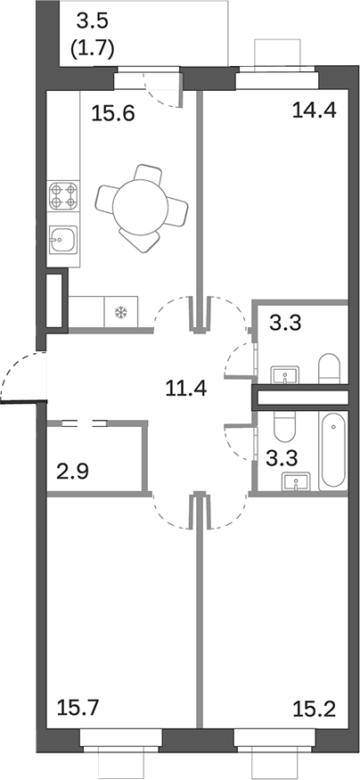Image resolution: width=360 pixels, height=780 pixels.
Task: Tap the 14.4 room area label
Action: coord(311,111)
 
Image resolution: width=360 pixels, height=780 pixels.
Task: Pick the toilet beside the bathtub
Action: coord(283,430)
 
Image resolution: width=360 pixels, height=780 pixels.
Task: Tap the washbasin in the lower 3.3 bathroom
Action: coord(297,482)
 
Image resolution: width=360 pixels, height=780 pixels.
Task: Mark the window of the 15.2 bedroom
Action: coord(275,739)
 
